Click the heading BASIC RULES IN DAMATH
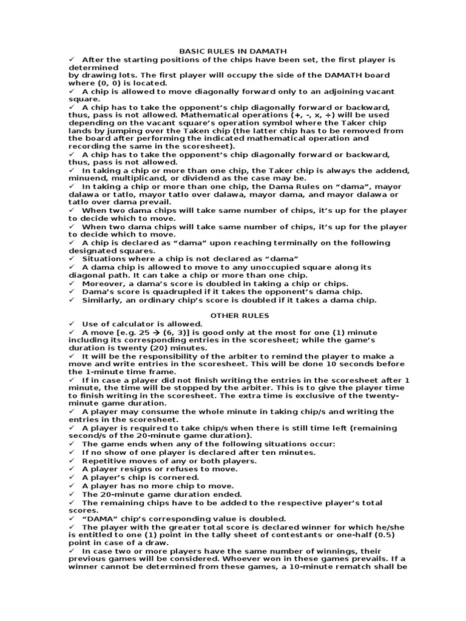[232, 52]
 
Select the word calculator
[132, 324]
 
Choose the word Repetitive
[104, 461]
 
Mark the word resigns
[133, 469]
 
